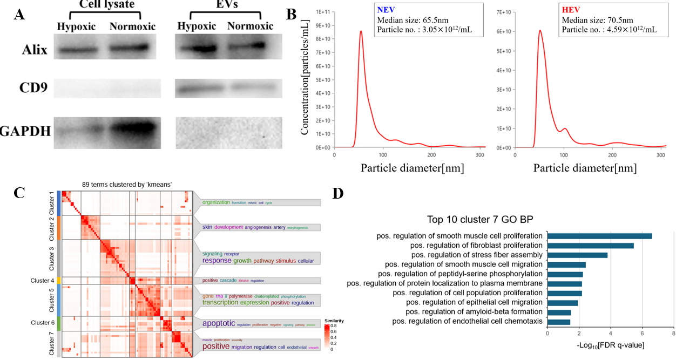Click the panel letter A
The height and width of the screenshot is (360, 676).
19,14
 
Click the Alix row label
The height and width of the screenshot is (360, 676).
35,50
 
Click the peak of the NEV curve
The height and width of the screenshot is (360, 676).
361,31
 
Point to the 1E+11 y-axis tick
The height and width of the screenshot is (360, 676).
322,12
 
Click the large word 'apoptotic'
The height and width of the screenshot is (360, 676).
219,323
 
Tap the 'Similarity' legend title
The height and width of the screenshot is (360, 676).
334,321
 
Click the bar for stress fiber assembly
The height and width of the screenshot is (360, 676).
577,255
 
